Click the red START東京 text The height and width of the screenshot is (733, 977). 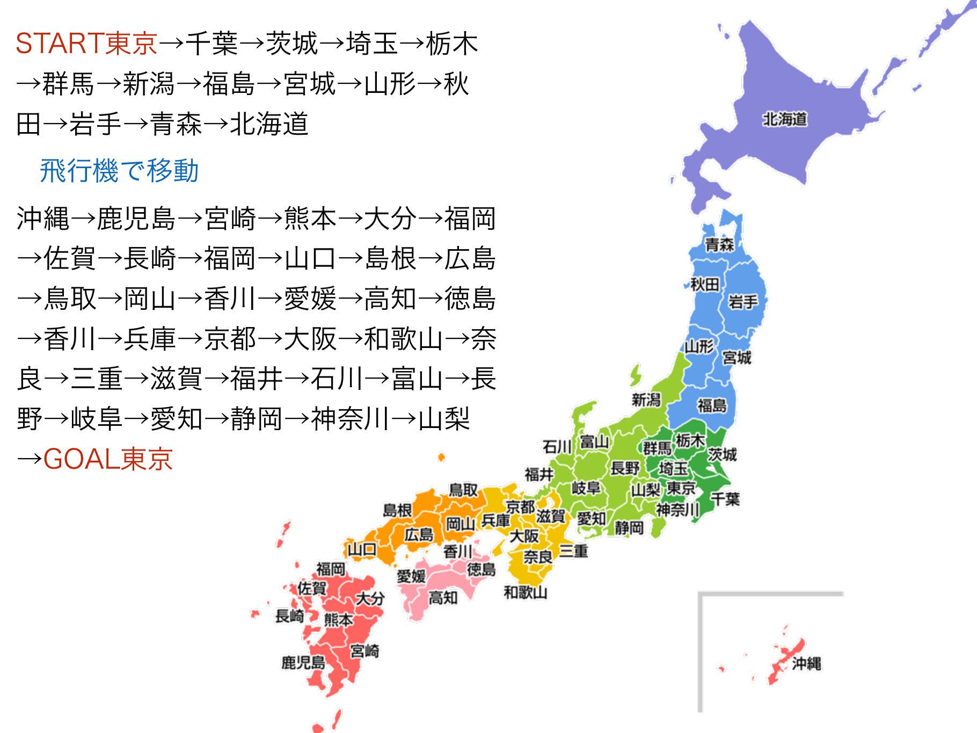point(86,43)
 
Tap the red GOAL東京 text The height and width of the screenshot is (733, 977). point(107,459)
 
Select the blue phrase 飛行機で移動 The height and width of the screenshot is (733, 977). point(119,171)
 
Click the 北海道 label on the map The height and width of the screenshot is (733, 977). point(785,119)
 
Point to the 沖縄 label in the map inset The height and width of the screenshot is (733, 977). point(806,664)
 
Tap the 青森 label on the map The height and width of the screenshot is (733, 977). point(719,245)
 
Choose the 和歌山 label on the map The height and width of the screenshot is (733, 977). point(525,592)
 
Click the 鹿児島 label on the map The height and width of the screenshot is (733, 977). point(303,662)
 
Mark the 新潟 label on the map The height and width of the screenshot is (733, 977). point(646,400)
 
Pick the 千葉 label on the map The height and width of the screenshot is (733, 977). point(725,499)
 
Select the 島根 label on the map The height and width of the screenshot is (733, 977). point(397,510)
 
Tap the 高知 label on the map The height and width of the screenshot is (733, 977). point(443,597)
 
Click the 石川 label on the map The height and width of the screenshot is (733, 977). point(557,447)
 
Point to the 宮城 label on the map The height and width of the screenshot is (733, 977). point(737,357)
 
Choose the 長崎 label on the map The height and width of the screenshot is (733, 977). point(289,616)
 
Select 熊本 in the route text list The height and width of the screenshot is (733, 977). point(310,219)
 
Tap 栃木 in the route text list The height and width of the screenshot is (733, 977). point(451,43)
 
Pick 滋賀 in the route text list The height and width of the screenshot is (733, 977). point(176,379)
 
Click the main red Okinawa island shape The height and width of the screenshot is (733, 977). point(785,661)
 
